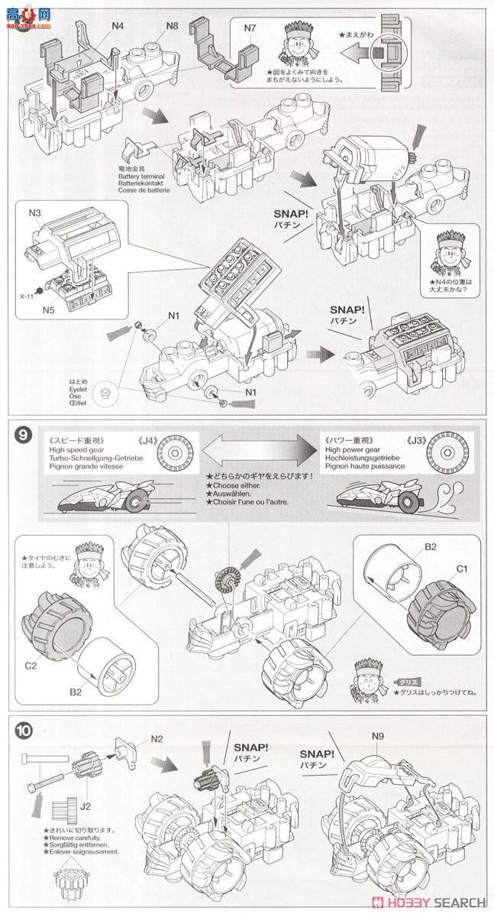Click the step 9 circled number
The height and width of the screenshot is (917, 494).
(24, 436)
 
